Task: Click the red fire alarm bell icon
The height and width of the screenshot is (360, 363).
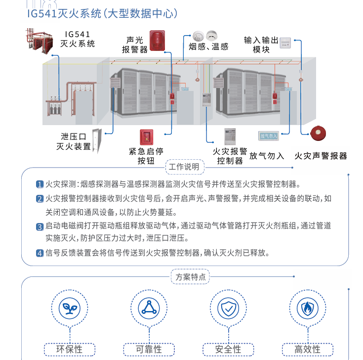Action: coord(318,133)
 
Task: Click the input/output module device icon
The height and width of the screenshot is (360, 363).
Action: coord(285,43)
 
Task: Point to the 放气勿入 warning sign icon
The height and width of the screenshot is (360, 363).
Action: coord(268,135)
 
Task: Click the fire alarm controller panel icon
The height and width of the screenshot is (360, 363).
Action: coord(231,136)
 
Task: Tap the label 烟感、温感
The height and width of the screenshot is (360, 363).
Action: coord(208,47)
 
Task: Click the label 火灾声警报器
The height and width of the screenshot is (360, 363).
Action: coord(321,156)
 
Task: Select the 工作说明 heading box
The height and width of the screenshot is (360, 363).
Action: coord(184,167)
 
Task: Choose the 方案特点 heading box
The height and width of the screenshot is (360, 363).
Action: coord(191,277)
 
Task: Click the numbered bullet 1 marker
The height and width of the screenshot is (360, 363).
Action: coord(40,185)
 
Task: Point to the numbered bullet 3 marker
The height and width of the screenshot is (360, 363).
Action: coord(40,227)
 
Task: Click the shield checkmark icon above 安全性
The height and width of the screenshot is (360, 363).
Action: coord(228,309)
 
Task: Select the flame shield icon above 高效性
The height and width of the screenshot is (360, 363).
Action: coord(307,309)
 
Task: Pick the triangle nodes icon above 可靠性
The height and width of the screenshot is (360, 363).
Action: coord(149,309)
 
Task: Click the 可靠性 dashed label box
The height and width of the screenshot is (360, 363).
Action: coord(149,349)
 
